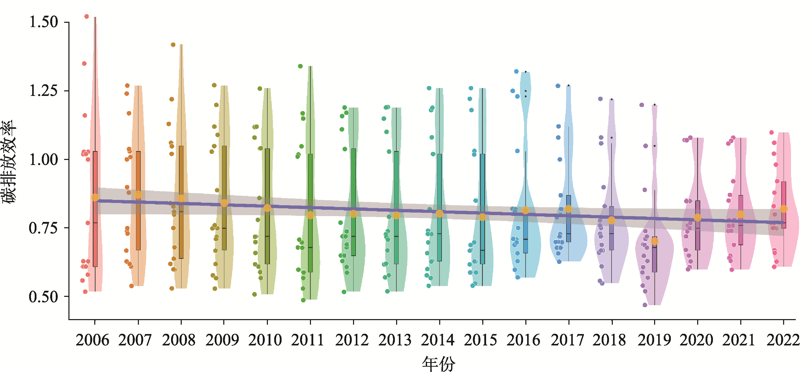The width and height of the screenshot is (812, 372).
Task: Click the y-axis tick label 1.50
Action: [44, 22]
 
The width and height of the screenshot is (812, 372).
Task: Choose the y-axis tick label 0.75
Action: [44, 228]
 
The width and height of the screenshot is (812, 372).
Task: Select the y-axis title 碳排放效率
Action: [9, 162]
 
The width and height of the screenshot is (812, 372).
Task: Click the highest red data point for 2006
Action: [87, 16]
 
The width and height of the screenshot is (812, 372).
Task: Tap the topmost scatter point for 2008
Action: [173, 45]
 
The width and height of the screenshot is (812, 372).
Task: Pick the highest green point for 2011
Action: [300, 66]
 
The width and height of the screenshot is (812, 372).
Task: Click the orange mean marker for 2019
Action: [655, 241]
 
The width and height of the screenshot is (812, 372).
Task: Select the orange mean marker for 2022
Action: [784, 209]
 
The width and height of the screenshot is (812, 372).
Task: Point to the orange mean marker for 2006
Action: [95, 197]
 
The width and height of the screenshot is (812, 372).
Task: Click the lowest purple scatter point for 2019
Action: [645, 305]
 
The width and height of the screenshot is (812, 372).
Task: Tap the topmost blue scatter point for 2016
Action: [516, 71]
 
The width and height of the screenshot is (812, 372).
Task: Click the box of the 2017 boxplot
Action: [568, 219]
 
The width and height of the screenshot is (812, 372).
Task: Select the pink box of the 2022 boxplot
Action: [784, 204]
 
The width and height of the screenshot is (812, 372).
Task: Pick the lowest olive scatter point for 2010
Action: [254, 294]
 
